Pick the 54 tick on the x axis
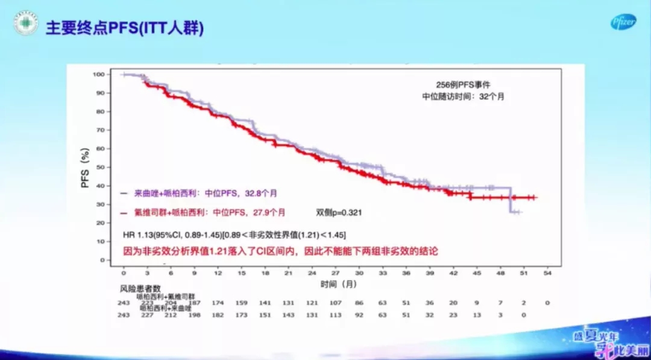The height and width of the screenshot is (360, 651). tap(547, 273)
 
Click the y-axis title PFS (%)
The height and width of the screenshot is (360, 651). tap(85, 167)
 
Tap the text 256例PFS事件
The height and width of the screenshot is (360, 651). tap(459, 84)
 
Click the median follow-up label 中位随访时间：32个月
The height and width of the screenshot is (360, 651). tap(463, 96)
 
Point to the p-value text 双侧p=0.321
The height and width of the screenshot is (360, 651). tap(339, 212)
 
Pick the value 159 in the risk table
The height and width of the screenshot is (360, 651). tap(242, 302)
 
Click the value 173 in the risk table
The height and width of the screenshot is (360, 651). tap(242, 314)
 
